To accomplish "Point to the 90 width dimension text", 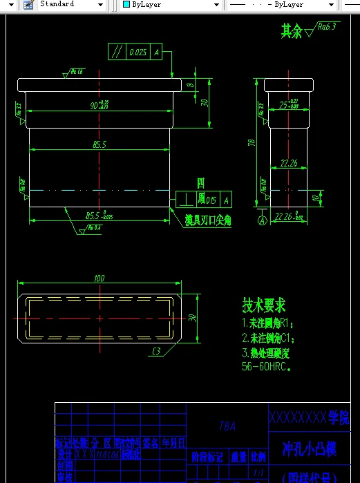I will pyautogui.click(x=95, y=106).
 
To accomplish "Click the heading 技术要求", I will pyautogui.click(x=263, y=305).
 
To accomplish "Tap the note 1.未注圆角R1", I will pyautogui.click(x=268, y=323).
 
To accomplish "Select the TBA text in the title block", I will pyautogui.click(x=227, y=426).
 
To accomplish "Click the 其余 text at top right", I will pyautogui.click(x=291, y=31).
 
